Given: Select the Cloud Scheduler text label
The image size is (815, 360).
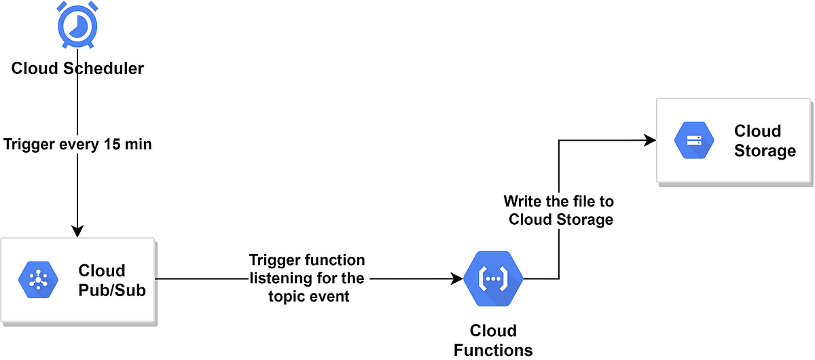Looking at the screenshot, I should (77, 68).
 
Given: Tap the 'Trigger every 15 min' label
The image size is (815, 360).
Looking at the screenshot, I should (77, 144).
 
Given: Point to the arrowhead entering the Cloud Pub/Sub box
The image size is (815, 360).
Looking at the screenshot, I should (77, 231).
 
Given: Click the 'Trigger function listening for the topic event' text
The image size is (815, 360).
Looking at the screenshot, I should (306, 278).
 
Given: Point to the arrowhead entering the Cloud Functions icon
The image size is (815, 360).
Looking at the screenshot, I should (457, 278).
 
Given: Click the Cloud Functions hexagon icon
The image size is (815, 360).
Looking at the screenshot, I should (494, 278).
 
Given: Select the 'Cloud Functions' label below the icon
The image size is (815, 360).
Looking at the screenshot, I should (494, 340).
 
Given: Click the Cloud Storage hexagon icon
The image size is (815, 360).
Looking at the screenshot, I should (693, 140).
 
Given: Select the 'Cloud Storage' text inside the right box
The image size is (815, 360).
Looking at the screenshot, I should (763, 140).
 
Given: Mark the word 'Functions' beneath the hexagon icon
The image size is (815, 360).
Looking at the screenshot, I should (494, 349).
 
